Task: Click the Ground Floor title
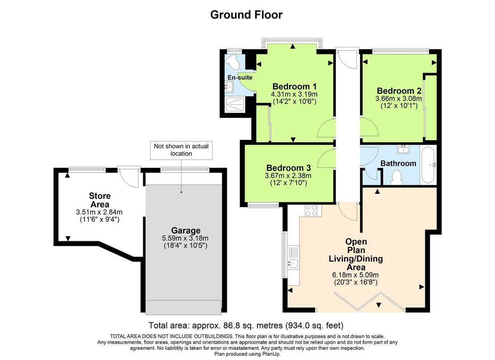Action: (246, 15)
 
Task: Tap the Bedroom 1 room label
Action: (295, 87)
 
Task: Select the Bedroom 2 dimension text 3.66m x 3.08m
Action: (399, 99)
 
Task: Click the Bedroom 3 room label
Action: (288, 168)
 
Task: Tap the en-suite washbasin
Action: (229, 87)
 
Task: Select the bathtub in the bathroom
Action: (428, 165)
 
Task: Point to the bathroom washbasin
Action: (403, 148)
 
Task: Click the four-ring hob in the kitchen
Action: (311, 211)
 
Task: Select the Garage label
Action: (186, 231)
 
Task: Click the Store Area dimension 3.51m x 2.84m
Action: (99, 212)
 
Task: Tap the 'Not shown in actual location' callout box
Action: (181, 150)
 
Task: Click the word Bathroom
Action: (398, 163)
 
